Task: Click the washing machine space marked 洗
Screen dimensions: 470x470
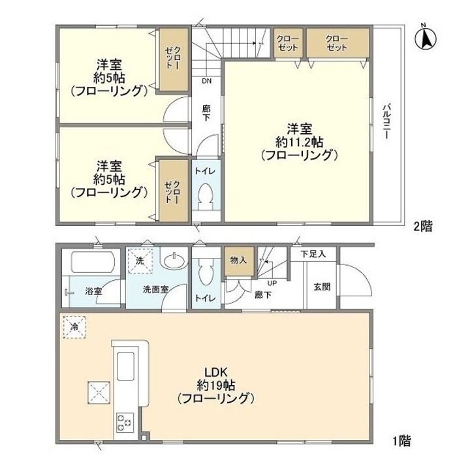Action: point(140,260)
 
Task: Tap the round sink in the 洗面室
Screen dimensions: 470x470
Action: point(174,262)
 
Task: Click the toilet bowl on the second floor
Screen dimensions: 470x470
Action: point(206,195)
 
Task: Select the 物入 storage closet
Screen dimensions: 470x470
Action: point(238,260)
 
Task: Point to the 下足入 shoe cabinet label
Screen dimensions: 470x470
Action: point(309,253)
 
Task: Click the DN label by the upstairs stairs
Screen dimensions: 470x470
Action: point(206,82)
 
